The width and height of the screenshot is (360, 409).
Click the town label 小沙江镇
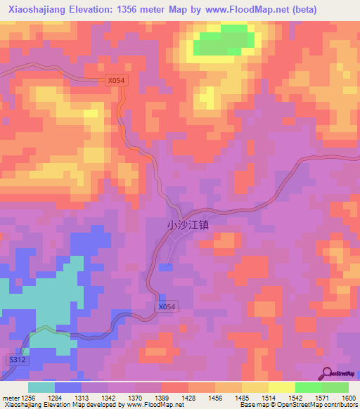[x=188, y=226]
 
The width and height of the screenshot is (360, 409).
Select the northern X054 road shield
[x=116, y=81]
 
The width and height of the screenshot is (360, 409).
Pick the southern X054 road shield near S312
[x=167, y=307]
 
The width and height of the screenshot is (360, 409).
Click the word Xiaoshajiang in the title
[x=37, y=9]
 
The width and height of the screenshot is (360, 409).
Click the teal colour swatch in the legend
[x=41, y=387]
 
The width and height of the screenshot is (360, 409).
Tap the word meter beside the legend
[x=11, y=398]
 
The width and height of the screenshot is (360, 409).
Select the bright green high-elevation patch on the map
[x=223, y=44]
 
